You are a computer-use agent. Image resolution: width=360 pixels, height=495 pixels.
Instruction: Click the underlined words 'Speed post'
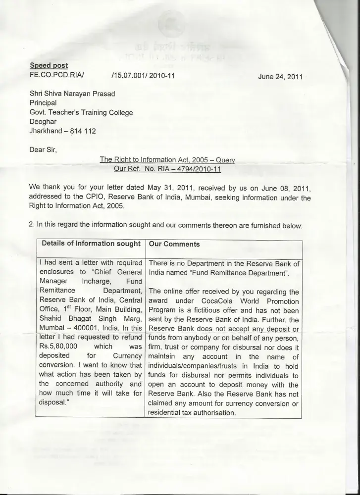(49, 65)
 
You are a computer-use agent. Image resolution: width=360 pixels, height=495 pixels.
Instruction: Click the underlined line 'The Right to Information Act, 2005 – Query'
(167, 159)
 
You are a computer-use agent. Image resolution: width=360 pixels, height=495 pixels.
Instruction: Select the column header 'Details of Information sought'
(91, 244)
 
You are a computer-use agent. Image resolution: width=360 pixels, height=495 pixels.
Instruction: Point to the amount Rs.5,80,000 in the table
(60, 347)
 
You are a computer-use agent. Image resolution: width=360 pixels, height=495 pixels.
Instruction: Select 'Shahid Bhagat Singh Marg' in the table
(91, 319)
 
